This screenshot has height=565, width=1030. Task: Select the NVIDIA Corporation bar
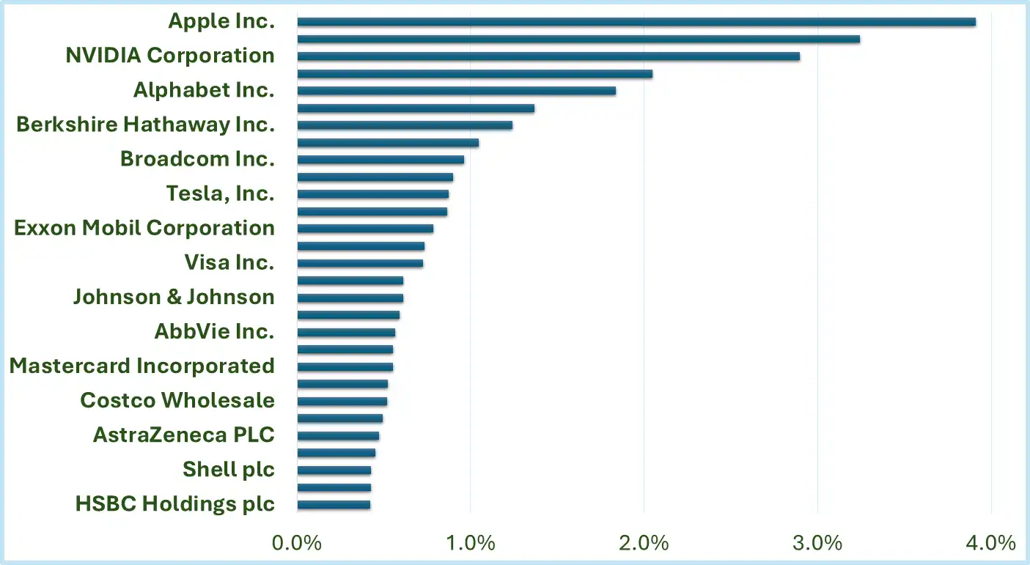pos(548,56)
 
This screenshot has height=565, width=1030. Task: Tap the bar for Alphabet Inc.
pos(456,91)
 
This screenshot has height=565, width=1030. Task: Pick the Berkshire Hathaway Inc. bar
pos(405,125)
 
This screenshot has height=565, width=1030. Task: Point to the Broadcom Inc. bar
pos(380,160)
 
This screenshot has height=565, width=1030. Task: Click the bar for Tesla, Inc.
pos(372,194)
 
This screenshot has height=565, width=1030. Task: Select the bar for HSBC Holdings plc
pos(334,504)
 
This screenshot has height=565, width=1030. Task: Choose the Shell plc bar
pos(334,470)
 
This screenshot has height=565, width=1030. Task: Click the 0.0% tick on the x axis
pos(297,544)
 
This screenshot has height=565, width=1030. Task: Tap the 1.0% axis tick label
pos(470,544)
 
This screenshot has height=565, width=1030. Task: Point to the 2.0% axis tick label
pos(644,544)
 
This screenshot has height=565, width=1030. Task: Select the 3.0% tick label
pos(817,544)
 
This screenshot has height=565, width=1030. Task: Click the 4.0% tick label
pos(990,544)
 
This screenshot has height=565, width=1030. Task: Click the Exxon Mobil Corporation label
pos(144,228)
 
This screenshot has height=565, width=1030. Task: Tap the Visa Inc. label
pos(229,262)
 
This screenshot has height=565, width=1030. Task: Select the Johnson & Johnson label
pos(174,297)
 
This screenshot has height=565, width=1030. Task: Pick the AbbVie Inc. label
pos(214,331)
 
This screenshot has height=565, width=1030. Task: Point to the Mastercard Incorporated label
pos(142,366)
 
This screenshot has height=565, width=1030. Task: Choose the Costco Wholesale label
pos(177,400)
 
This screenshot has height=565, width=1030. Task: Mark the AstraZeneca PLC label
pos(183,435)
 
